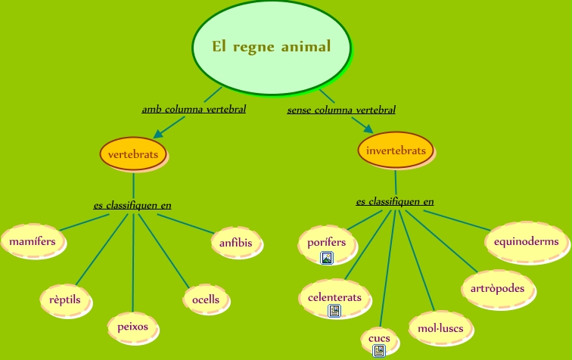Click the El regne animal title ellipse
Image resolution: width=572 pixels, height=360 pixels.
tap(272, 47)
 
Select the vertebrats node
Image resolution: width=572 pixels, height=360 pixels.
tap(133, 154)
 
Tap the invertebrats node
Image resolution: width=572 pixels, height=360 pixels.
tap(395, 151)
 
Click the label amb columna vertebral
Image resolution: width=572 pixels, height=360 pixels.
tap(194, 110)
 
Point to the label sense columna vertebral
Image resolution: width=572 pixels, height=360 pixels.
tap(341, 110)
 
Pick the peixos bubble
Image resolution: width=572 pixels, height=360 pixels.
tap(133, 327)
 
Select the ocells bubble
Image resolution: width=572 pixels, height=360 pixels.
tap(206, 299)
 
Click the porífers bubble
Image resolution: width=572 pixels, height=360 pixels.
tap(327, 242)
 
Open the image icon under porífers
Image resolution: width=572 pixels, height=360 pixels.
tap(327, 259)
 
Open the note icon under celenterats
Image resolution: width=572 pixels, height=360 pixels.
tap(334, 311)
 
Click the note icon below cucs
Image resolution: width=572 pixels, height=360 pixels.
tap(379, 350)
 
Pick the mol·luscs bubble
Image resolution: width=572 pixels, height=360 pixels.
tap(440, 328)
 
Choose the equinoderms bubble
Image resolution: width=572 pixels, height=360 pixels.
tap(526, 242)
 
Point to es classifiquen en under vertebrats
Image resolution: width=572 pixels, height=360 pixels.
tap(132, 205)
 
